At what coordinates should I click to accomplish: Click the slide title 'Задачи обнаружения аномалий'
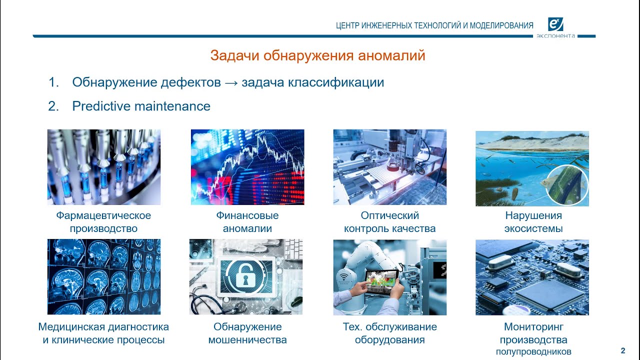[x=317, y=55]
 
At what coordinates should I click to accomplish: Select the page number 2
[x=622, y=350]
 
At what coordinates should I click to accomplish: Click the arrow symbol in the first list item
[x=231, y=82]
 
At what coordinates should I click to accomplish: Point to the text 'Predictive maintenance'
[x=141, y=106]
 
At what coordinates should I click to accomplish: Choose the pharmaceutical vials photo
[x=104, y=167]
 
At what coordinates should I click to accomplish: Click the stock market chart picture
[x=247, y=167]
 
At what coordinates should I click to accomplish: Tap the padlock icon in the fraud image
[x=245, y=276]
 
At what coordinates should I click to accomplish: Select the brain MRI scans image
[x=104, y=276]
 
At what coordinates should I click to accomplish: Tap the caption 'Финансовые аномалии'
[x=247, y=222]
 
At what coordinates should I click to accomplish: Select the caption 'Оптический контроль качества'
[x=390, y=222]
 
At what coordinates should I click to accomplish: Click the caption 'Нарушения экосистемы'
[x=533, y=222]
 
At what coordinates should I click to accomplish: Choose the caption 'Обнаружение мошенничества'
[x=247, y=333]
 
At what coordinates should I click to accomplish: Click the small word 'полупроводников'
[x=533, y=352]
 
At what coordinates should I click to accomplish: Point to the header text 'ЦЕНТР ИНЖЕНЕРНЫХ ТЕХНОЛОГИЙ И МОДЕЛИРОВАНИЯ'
[x=434, y=26]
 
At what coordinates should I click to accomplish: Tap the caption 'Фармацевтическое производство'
[x=103, y=222]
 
